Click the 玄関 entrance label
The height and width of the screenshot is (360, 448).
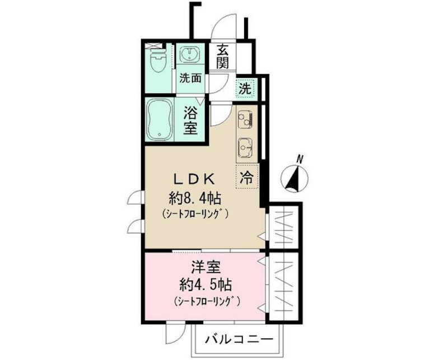click(223, 56)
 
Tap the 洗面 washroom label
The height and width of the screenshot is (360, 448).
click(190, 78)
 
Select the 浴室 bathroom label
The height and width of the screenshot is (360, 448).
click(190, 119)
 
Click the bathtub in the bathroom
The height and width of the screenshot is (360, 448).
click(159, 120)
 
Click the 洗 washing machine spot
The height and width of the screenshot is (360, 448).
click(245, 88)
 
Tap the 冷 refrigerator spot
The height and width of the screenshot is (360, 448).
click(246, 178)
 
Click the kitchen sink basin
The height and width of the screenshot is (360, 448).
click(245, 146)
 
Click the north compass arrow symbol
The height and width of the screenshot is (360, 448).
click(295, 179)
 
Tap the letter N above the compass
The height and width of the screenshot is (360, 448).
click(300, 159)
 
